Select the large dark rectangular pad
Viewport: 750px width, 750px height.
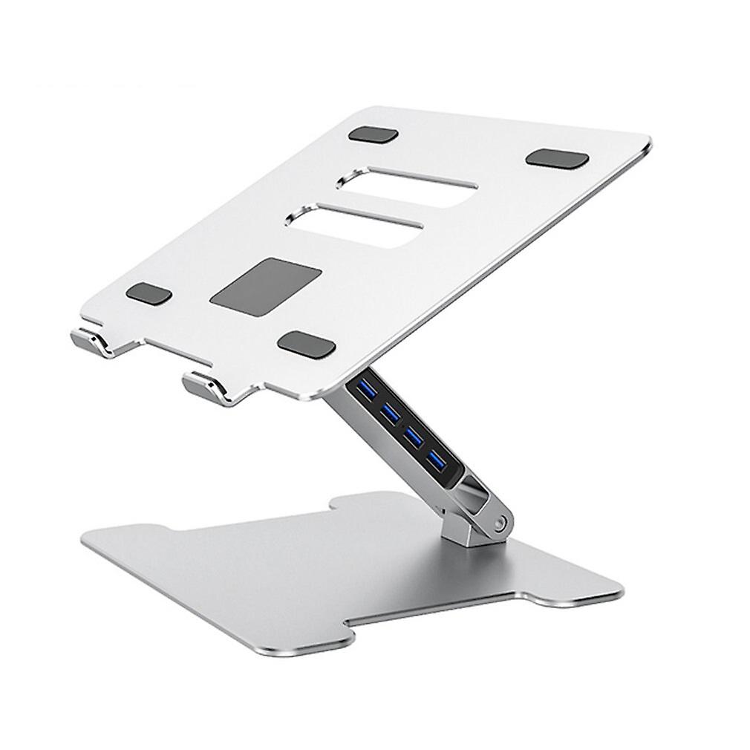pyautogui.click(x=265, y=285)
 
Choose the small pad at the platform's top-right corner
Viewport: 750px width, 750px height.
pyautogui.click(x=557, y=158)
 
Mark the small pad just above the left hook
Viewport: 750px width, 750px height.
pyautogui.click(x=149, y=294)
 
